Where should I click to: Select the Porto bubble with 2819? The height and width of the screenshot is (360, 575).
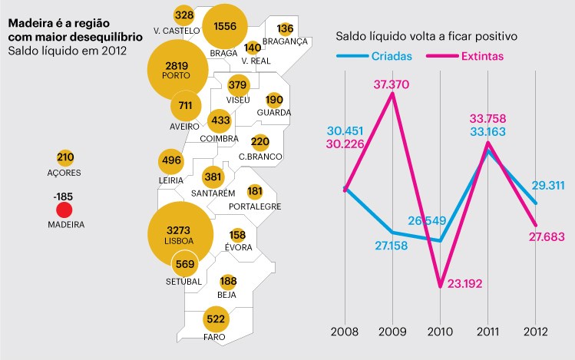[x=177, y=70]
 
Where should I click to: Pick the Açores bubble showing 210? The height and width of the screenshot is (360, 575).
[x=65, y=158]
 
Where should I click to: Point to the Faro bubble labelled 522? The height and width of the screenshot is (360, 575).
[x=215, y=319]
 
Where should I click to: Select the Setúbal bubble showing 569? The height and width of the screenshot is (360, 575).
[x=185, y=265]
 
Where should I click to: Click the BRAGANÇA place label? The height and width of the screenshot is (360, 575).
[x=285, y=41]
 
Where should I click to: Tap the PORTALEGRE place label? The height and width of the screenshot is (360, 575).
[x=255, y=206]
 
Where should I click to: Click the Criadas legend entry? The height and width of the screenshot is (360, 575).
[x=391, y=56]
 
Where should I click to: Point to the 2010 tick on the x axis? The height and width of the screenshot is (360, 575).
[x=440, y=332]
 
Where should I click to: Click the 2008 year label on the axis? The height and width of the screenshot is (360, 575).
[x=345, y=332]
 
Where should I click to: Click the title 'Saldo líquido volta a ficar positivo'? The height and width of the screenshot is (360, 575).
[x=426, y=36]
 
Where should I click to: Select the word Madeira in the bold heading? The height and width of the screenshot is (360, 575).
[x=31, y=23]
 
